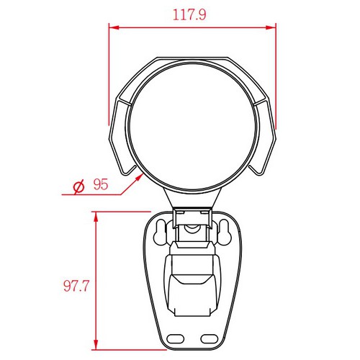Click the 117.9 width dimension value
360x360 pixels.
(189, 15)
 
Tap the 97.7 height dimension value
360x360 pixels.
(76, 286)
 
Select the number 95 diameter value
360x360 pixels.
(101, 184)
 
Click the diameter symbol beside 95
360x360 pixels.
(78, 186)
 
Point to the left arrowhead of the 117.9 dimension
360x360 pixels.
(114, 27)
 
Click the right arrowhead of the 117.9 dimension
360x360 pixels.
(271, 27)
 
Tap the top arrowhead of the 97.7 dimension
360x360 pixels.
(96, 217)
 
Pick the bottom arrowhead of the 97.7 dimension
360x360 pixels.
(96, 345)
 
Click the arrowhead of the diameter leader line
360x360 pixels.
(140, 178)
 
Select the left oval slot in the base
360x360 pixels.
(175, 339)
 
